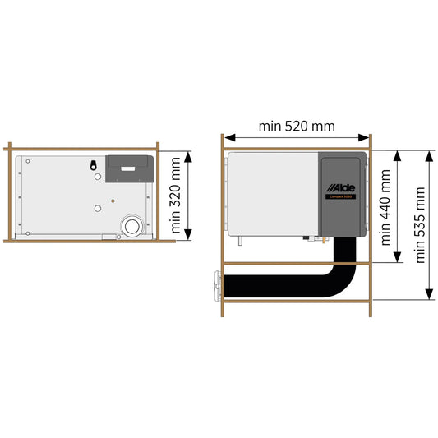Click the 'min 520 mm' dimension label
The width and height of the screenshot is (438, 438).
point(297,126)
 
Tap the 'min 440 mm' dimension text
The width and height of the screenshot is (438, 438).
point(385,207)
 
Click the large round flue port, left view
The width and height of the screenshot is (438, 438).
point(130,226)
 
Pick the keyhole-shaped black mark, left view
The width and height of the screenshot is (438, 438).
point(95,164)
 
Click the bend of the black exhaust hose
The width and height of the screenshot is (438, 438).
point(340,279)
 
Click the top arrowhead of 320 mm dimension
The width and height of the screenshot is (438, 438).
point(191,155)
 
